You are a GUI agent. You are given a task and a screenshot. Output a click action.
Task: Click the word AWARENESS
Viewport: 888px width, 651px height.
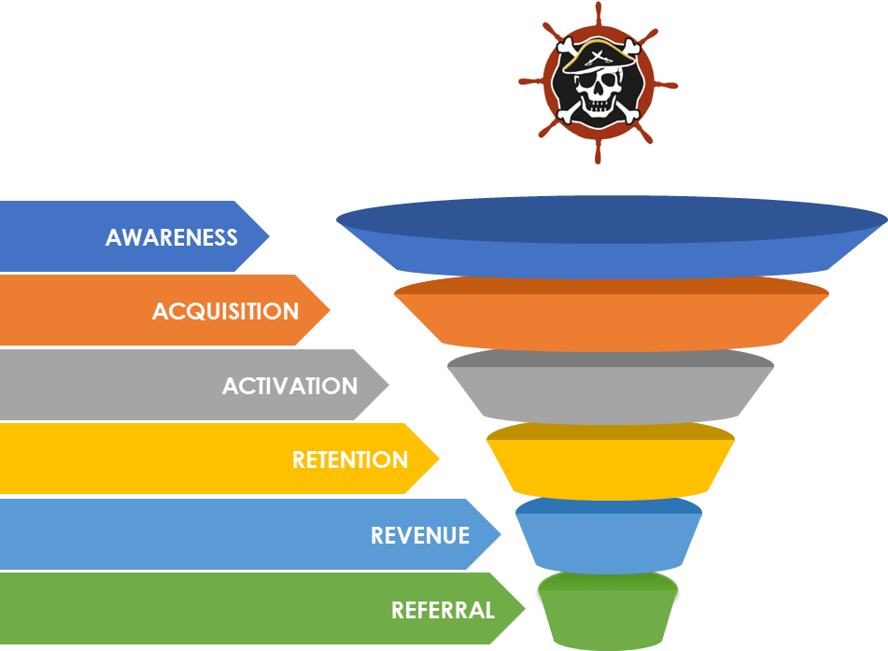pos(172,237)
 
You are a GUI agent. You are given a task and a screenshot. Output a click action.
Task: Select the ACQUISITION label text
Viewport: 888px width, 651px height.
pos(225,311)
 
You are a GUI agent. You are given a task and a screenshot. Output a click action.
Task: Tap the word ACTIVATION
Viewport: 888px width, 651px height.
pos(289,386)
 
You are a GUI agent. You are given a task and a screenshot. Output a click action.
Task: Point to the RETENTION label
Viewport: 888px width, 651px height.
pos(350,460)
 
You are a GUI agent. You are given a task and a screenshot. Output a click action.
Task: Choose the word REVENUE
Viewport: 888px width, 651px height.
pos(419,535)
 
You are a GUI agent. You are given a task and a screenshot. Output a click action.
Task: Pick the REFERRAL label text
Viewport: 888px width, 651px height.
pos(443,610)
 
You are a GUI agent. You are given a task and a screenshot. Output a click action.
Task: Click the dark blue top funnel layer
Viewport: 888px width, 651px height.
pos(612,238)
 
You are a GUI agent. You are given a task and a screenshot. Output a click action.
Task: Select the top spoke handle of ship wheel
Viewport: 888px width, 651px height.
pos(599,11)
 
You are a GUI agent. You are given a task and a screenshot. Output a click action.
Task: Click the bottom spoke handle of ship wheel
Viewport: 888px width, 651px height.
pos(599,154)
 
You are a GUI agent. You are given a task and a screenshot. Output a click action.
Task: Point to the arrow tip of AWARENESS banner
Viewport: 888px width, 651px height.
pos(265,236)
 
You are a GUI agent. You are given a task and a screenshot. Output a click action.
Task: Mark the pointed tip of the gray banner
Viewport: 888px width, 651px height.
pos(386,385)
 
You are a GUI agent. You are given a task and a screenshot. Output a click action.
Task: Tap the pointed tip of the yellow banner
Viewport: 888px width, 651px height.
pos(436,459)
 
